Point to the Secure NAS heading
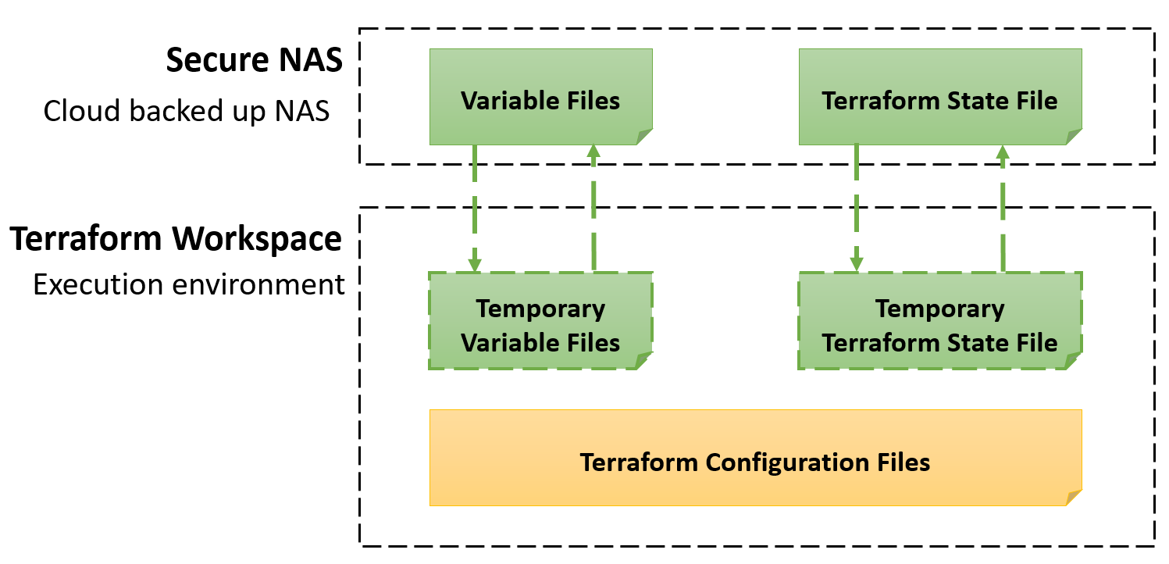pyautogui.click(x=255, y=60)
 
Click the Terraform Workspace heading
pyautogui.click(x=176, y=239)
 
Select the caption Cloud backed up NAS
pyautogui.click(x=186, y=111)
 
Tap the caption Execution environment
pyautogui.click(x=189, y=284)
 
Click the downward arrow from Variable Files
pyautogui.click(x=474, y=208)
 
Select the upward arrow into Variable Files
pyautogui.click(x=593, y=208)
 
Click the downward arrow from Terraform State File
pyautogui.click(x=856, y=208)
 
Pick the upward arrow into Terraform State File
pyautogui.click(x=1003, y=208)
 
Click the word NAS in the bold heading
pyautogui.click(x=312, y=60)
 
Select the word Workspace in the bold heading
pyautogui.click(x=263, y=239)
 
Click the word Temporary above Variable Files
pyautogui.click(x=540, y=309)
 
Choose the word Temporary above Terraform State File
pyautogui.click(x=939, y=309)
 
